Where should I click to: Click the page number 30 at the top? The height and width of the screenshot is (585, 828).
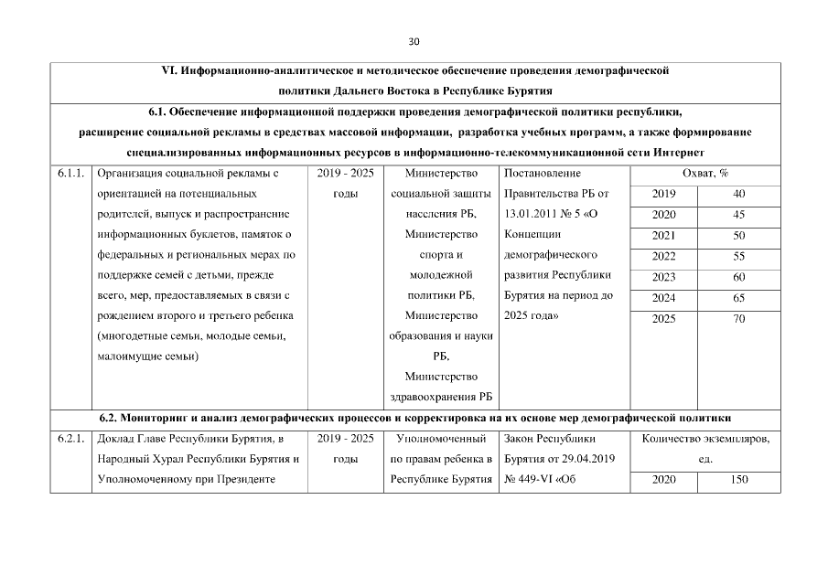(414, 42)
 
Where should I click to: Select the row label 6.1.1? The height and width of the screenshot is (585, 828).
(71, 172)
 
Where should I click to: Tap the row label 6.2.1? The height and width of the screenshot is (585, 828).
(71, 439)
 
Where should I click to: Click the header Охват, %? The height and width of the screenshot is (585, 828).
(704, 172)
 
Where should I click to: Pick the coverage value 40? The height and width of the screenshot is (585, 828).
(739, 194)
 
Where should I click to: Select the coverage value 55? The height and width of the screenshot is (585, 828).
(739, 256)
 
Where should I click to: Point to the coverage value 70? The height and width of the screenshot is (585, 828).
(739, 319)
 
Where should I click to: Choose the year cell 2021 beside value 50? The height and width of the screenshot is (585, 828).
(664, 235)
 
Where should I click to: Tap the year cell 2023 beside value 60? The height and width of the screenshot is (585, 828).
(664, 277)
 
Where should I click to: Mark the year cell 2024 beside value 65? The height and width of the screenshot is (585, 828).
(664, 298)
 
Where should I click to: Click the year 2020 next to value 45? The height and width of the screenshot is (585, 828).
(664, 215)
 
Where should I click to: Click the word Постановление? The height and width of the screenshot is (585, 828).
(543, 172)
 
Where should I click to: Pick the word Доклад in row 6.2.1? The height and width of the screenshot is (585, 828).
(115, 439)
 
